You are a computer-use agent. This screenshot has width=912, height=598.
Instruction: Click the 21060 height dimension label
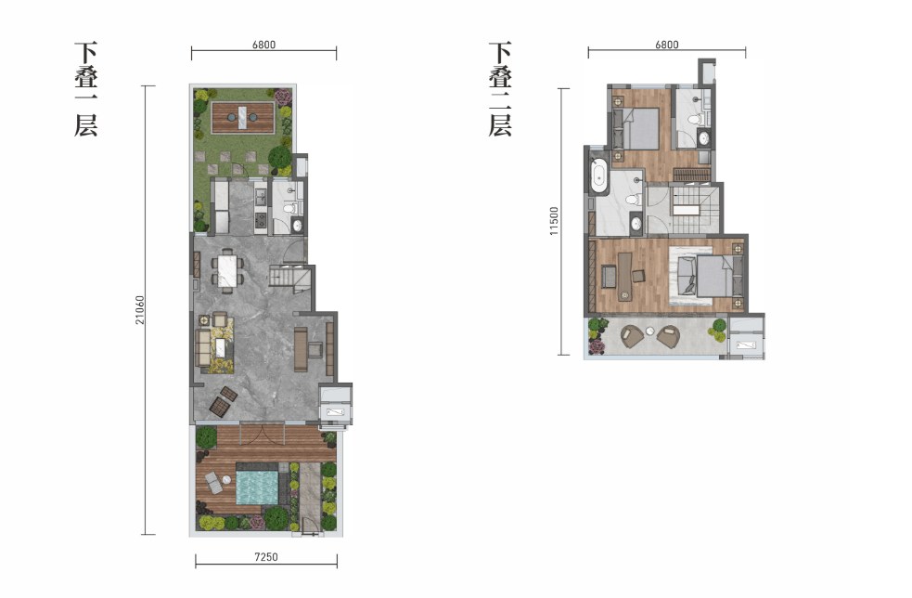(x=139, y=310)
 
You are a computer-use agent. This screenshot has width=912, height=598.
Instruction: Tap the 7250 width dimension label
(x=265, y=556)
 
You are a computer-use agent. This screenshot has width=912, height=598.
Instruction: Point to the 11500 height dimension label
(x=554, y=221)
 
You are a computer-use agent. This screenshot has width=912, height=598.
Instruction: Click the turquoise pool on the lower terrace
(x=257, y=487)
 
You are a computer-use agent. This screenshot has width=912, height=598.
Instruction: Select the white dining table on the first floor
(x=227, y=271)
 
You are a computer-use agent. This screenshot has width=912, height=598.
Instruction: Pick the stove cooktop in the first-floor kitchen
(x=261, y=220)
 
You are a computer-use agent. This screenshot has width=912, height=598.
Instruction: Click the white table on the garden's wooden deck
(x=243, y=118)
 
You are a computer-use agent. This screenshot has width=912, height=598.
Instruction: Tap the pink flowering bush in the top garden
(x=283, y=97)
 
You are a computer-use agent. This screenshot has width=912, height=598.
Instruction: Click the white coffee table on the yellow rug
(x=221, y=348)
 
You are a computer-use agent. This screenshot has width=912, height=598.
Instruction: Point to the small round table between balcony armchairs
(x=649, y=331)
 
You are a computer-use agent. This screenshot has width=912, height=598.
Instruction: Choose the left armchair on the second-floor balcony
(x=632, y=336)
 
